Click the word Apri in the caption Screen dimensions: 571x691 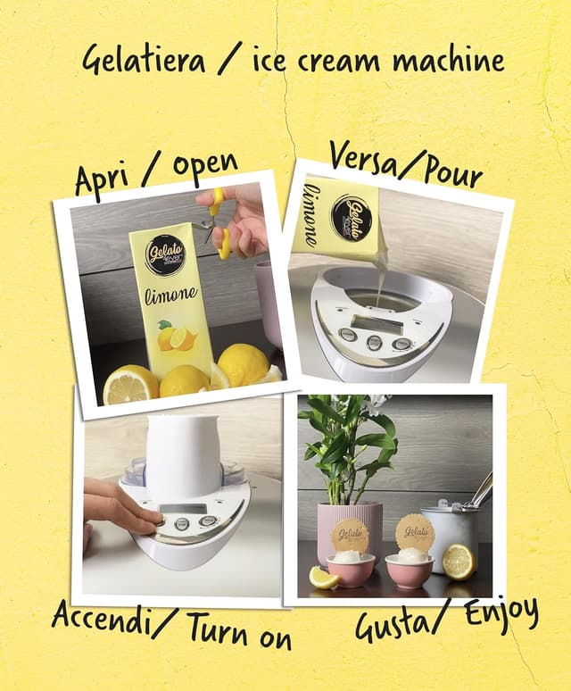tap(102, 180)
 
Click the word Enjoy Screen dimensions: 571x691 tap(502, 612)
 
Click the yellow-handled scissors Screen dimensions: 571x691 tap(217, 222)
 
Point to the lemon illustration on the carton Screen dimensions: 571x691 tap(176, 336)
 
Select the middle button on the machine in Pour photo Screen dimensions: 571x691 tap(374, 342)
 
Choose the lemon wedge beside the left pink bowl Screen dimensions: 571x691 tap(323, 578)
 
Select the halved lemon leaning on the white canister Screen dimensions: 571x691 tap(459, 562)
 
